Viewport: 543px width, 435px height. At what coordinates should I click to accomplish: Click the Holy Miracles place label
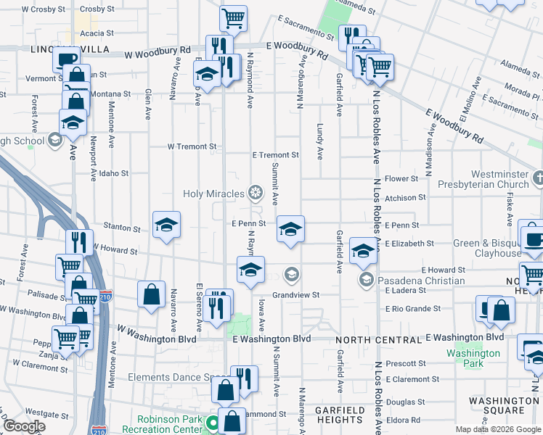(215, 193)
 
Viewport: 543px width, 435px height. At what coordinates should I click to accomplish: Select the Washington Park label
(473, 358)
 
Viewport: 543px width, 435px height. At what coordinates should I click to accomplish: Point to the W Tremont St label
(192, 146)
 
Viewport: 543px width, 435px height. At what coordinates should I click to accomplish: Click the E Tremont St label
(275, 155)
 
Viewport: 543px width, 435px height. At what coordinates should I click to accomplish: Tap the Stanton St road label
(122, 228)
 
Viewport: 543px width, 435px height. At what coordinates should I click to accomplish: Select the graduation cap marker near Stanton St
(166, 226)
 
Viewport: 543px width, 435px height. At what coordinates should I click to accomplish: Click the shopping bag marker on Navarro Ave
(151, 294)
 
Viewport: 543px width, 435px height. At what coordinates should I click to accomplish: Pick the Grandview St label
(296, 295)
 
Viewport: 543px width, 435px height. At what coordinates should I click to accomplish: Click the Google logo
(23, 427)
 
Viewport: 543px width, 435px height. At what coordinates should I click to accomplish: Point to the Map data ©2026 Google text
(497, 429)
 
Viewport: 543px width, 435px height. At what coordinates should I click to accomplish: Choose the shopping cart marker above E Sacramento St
(234, 19)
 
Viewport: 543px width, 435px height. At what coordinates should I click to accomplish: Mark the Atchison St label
(405, 198)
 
